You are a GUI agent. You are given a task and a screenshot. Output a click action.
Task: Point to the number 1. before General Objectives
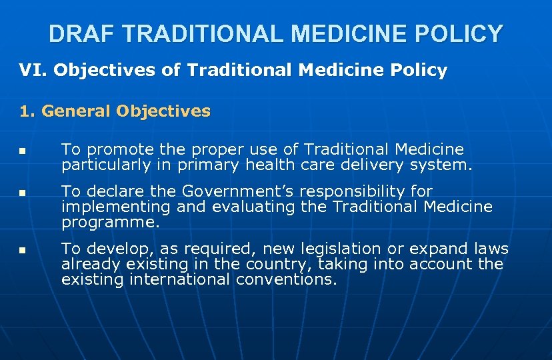point(28,111)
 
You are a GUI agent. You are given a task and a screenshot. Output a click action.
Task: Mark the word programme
point(110,223)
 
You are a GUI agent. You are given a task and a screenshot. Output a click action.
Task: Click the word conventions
point(287,279)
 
